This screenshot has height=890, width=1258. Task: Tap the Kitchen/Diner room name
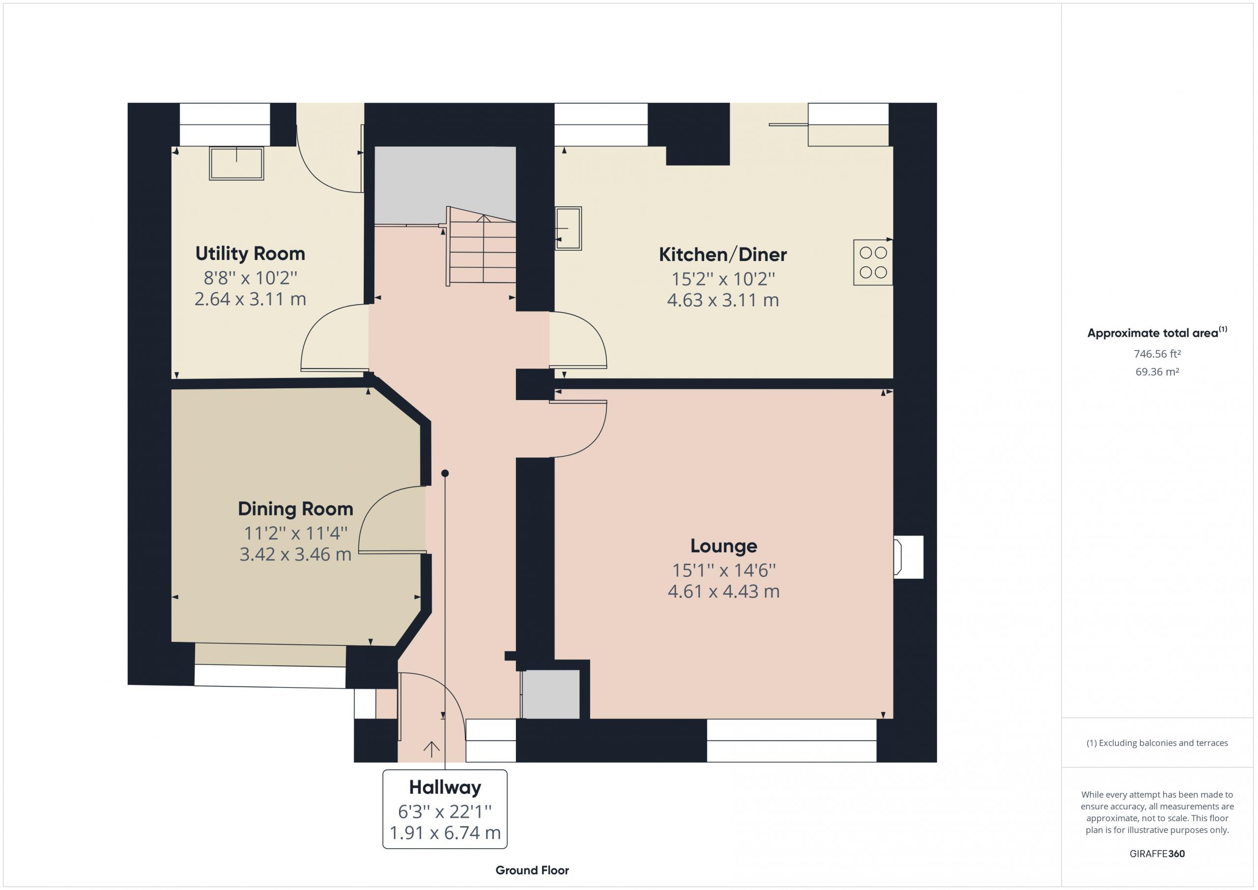[723, 255]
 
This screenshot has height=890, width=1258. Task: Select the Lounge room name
[723, 546]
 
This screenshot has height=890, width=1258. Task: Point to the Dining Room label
[295, 509]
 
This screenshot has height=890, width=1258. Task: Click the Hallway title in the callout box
[445, 787]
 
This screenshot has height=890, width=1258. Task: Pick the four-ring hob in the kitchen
[873, 262]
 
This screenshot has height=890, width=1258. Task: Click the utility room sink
[236, 163]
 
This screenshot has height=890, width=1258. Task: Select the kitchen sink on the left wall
[568, 228]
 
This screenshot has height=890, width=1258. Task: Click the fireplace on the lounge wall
[908, 557]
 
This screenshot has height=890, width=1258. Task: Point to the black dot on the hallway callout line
[445, 473]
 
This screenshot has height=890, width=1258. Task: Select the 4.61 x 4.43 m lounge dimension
[723, 591]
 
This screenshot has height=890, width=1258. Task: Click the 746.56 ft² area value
[1157, 354]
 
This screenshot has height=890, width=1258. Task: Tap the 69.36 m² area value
[1157, 372]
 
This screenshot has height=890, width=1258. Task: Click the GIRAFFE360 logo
[1157, 854]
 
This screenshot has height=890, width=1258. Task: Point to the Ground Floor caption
[532, 870]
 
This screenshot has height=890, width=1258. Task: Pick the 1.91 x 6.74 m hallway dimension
[445, 833]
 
